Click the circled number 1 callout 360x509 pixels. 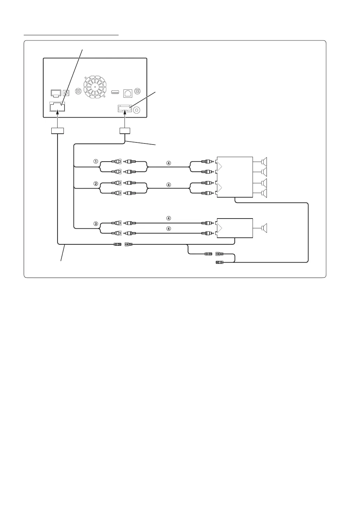95,162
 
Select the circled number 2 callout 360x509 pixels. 95,183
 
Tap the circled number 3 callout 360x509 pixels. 95,223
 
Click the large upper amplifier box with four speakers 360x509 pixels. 235,177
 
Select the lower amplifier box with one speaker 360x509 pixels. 235,228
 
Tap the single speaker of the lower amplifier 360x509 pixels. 264,228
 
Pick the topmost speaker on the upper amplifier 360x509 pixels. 264,162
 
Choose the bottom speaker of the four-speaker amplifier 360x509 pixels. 264,193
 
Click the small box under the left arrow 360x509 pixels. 57,131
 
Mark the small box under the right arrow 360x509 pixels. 125,131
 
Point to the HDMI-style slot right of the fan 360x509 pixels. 115,92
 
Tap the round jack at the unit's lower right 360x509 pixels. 137,110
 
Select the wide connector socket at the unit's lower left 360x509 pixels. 57,107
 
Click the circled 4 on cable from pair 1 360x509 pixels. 168,163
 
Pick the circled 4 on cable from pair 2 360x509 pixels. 168,185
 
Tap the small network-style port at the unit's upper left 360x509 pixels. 56,93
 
